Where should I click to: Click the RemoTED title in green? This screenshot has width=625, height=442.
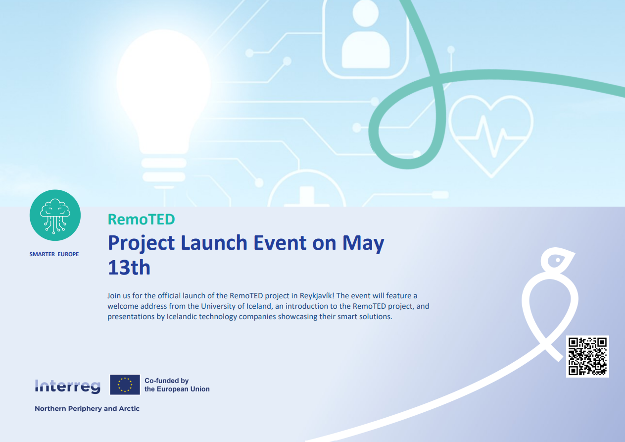(141, 220)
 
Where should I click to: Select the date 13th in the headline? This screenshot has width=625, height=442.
(129, 268)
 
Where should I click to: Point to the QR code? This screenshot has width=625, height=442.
(587, 356)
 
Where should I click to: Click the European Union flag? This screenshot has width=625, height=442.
(125, 385)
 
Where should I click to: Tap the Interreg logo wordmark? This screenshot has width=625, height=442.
(67, 387)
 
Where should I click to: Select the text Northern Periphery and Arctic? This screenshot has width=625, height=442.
(87, 408)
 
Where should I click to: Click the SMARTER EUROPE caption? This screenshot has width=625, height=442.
(54, 254)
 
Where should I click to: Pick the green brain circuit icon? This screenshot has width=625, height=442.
(55, 215)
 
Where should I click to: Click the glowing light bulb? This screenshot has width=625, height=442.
(164, 106)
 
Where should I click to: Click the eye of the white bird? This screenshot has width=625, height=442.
(558, 260)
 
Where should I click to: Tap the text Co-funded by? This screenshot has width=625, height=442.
(167, 381)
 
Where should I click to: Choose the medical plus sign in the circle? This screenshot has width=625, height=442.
(307, 197)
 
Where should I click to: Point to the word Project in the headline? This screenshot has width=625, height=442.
(141, 244)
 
